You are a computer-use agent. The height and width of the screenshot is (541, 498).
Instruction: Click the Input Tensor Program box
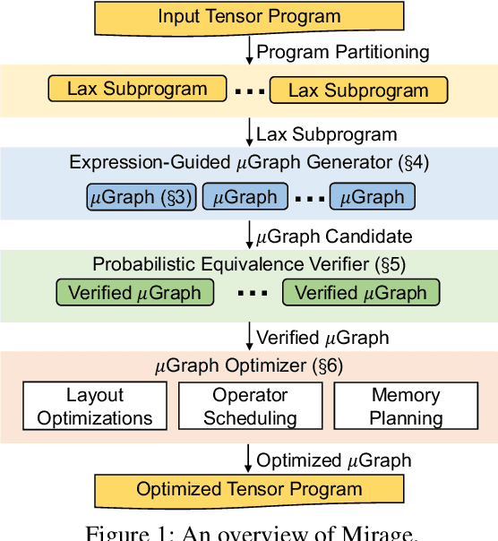coord(249,16)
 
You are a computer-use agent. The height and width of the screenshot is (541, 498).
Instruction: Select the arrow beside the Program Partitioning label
coord(249,52)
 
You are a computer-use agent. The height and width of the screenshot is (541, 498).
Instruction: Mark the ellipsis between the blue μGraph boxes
coord(309,197)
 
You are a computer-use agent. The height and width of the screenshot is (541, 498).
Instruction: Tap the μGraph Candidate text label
coord(334,236)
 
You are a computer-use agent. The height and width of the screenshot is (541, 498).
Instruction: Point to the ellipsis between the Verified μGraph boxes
coord(248,293)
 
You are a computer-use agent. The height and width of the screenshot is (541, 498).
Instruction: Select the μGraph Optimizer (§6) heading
coord(248,365)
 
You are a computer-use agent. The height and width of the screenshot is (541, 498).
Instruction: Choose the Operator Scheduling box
coord(250,406)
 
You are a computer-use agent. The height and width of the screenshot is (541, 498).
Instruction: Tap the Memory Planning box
coord(406,406)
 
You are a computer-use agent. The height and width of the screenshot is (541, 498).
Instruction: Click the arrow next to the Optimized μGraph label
coord(249,460)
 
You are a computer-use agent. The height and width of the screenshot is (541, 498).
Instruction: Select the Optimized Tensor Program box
coord(249,490)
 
